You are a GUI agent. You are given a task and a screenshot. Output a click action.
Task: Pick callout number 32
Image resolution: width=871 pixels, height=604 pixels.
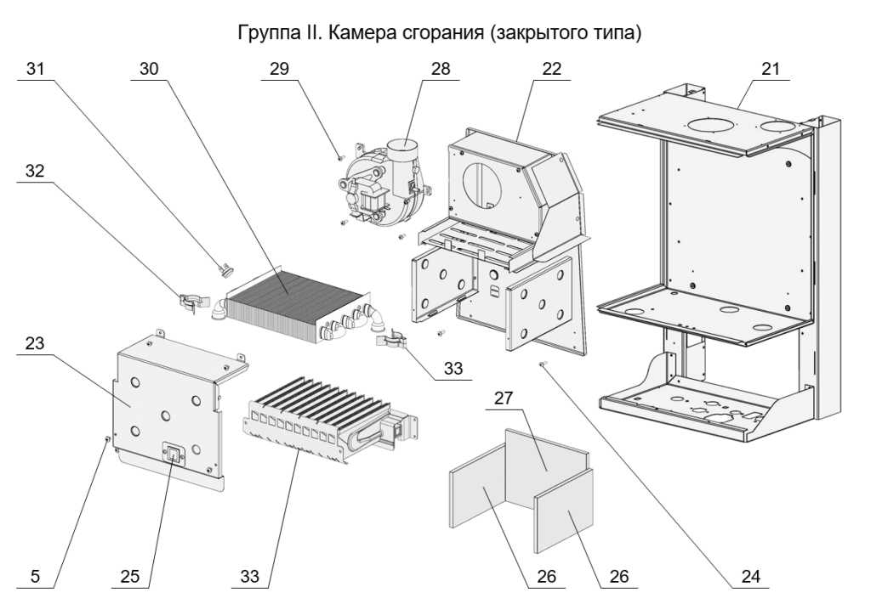[x=36, y=170]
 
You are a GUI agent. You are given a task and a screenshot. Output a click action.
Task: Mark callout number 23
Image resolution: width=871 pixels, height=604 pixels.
[x=36, y=343]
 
